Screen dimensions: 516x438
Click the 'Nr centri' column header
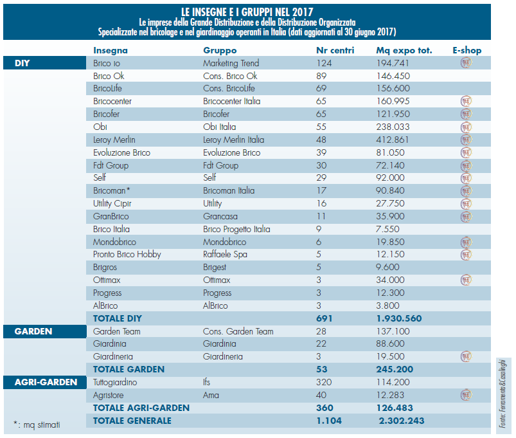click(x=335, y=50)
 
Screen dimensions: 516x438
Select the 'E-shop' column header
click(x=467, y=50)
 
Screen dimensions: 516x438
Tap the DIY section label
click(x=22, y=63)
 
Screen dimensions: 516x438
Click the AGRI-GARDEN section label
click(x=46, y=382)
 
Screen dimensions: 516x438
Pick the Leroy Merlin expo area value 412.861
click(x=392, y=140)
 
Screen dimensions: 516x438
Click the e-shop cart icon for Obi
click(x=466, y=127)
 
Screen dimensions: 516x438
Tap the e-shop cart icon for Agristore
click(x=466, y=394)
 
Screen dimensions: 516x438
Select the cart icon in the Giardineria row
click(x=466, y=356)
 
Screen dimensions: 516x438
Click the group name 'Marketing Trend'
click(x=231, y=63)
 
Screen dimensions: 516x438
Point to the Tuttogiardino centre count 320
click(x=324, y=382)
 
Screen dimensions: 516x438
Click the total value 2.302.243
click(x=402, y=421)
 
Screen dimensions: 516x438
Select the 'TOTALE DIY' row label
click(x=118, y=318)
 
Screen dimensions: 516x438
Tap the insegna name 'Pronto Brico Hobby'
click(x=127, y=255)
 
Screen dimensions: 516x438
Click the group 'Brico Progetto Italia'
click(x=236, y=229)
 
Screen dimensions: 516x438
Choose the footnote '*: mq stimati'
click(x=37, y=424)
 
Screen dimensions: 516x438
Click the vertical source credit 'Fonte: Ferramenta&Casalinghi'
click(x=503, y=394)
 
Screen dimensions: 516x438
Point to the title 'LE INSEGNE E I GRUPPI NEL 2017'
click(x=247, y=12)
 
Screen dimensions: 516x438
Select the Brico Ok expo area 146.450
click(x=393, y=76)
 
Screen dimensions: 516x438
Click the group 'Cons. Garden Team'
click(x=238, y=331)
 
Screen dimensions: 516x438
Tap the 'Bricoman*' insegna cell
click(x=112, y=190)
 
